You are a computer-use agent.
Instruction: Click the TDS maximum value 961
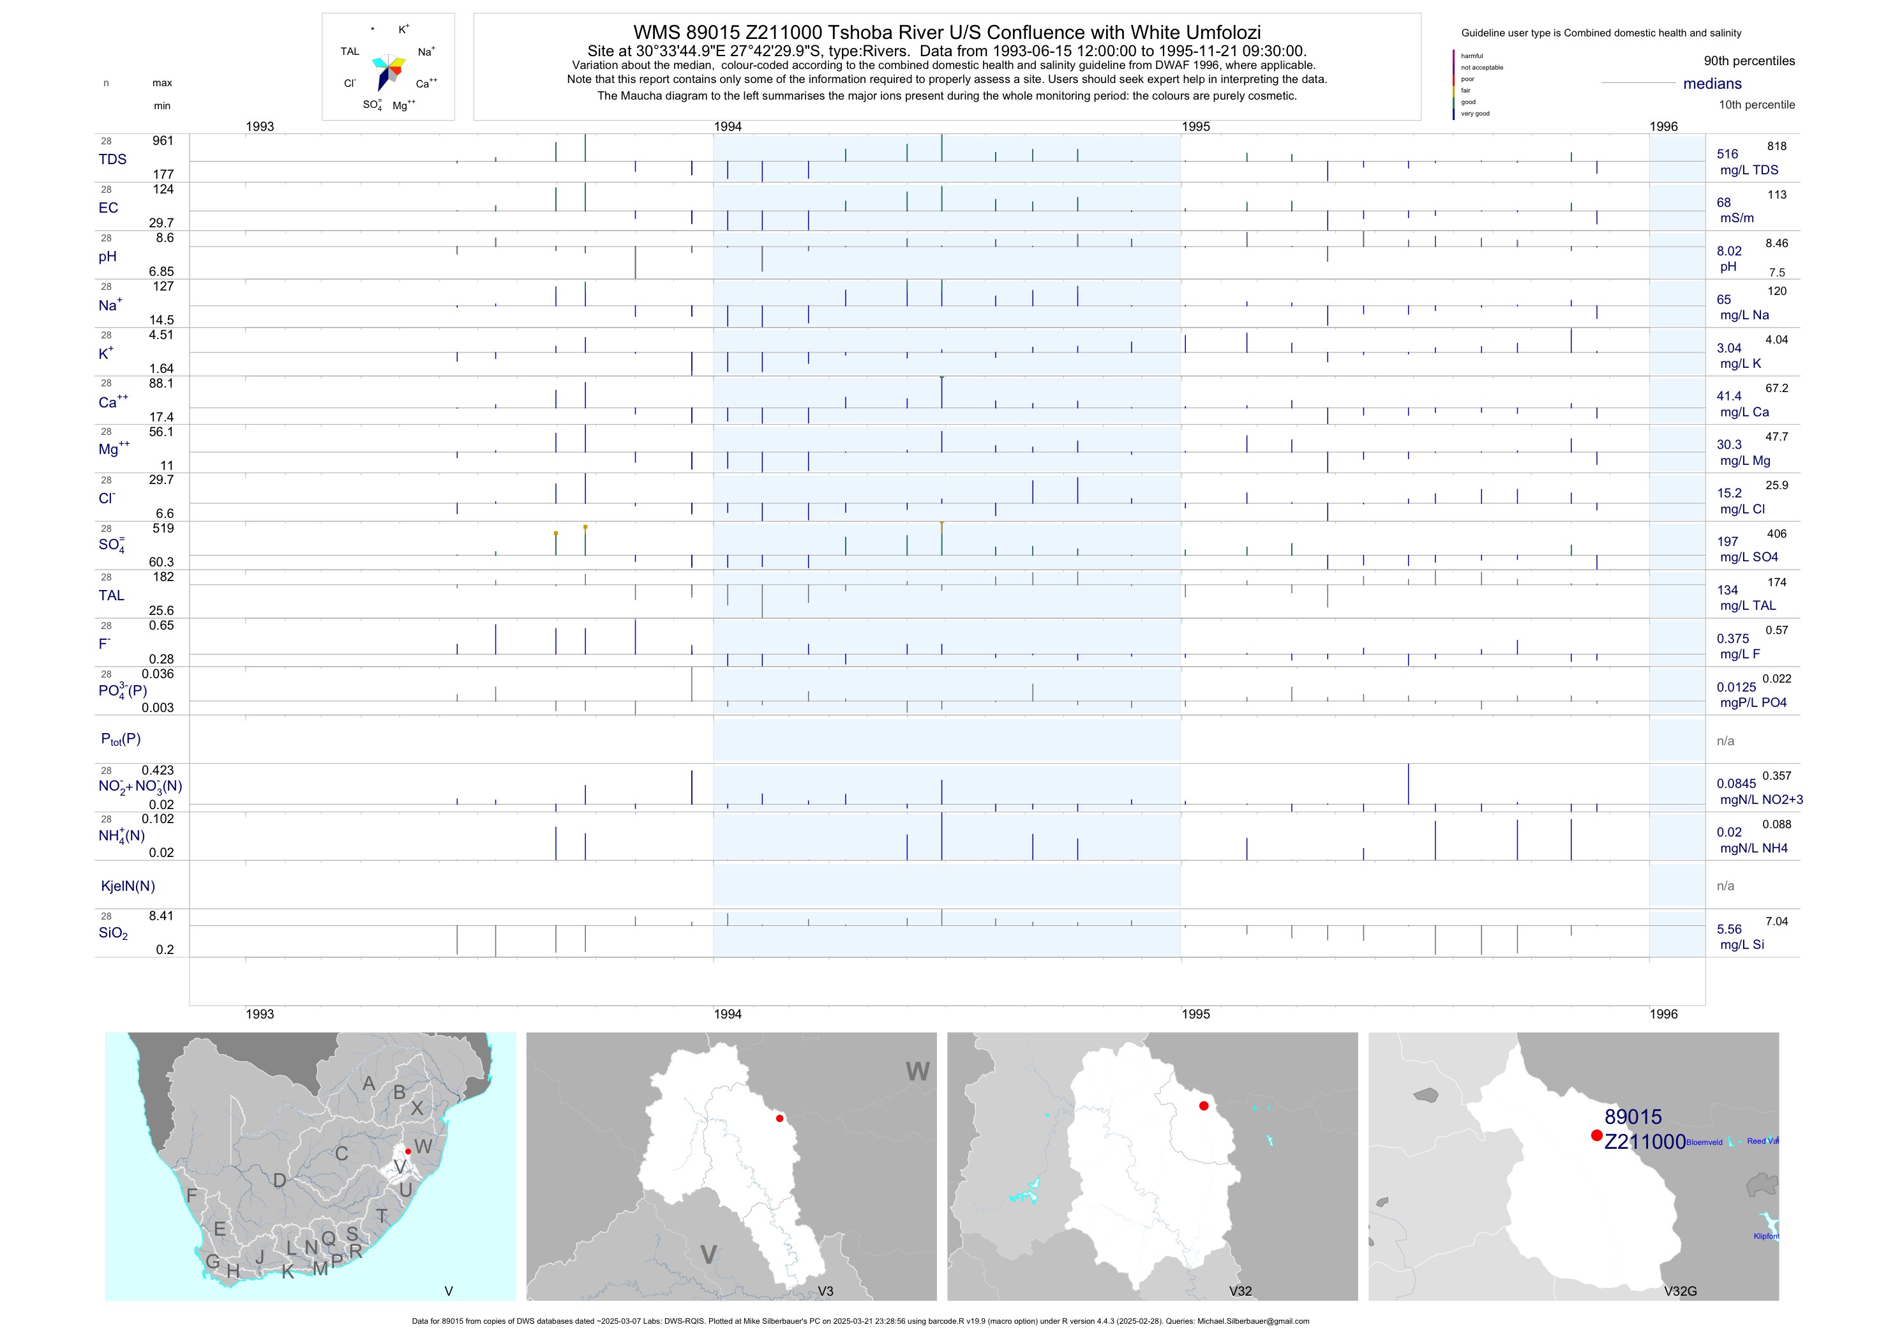tap(163, 141)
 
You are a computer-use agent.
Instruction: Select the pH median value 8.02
tap(1729, 251)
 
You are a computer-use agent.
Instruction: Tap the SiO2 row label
tap(113, 933)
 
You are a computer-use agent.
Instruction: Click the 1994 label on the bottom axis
tap(727, 1014)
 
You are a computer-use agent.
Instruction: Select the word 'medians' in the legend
tap(1712, 84)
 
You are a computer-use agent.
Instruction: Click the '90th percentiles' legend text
tap(1749, 61)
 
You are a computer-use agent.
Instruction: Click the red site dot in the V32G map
tap(1597, 1135)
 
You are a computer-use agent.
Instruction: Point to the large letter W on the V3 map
tap(917, 1072)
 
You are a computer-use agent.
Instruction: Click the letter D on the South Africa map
tap(280, 1181)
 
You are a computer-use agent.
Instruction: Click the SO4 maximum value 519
tap(163, 529)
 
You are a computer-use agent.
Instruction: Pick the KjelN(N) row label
tap(128, 886)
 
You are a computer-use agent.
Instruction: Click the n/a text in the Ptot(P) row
tap(1725, 741)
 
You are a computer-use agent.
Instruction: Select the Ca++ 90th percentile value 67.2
tap(1776, 388)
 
